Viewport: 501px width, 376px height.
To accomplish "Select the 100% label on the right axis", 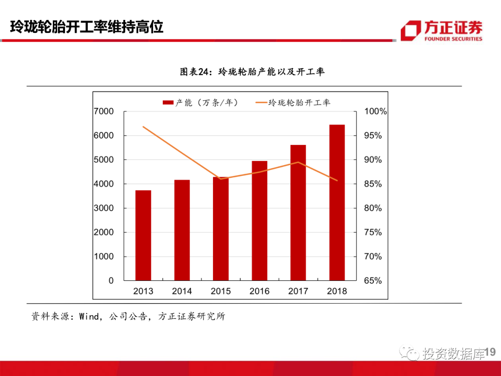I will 375,111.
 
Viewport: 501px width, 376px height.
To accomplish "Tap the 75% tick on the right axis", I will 373,232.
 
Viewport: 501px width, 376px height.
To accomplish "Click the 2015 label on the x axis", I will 221,292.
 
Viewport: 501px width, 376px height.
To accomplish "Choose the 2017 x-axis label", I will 298,292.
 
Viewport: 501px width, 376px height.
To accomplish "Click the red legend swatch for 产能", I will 167,103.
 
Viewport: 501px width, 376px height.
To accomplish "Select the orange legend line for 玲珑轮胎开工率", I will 261,103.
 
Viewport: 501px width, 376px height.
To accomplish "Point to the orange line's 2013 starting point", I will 143,126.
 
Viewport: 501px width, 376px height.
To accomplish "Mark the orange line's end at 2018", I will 337,181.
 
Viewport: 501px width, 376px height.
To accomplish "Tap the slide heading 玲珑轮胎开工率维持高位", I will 87,27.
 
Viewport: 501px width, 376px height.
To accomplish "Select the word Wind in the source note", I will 89,317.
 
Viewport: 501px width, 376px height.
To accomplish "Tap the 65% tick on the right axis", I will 373,280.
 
